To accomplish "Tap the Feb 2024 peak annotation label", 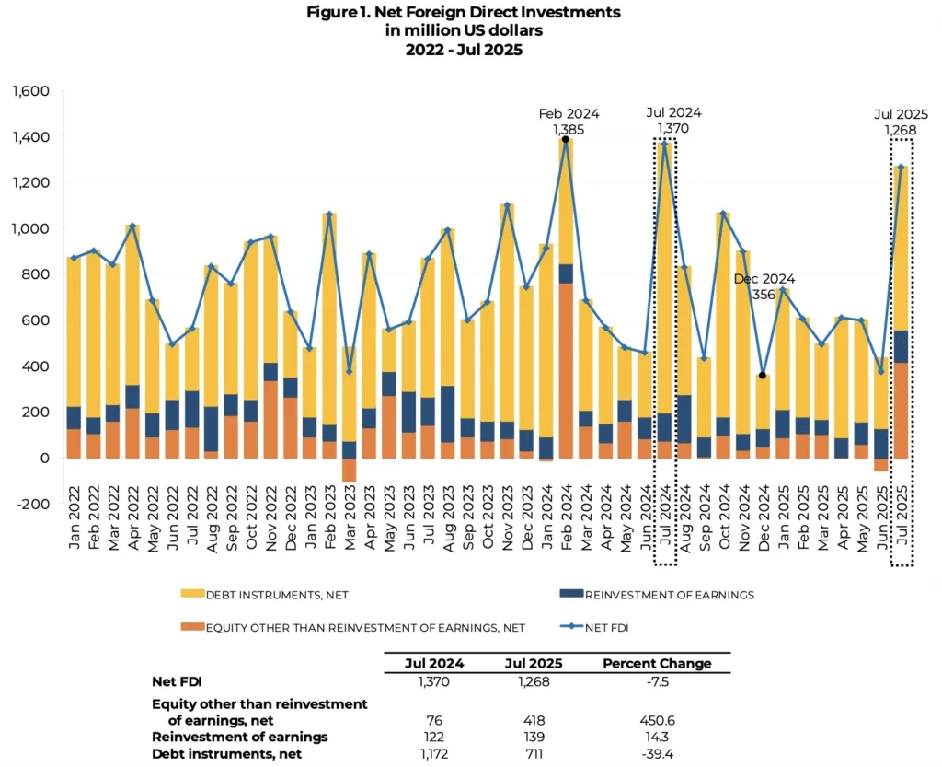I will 569,114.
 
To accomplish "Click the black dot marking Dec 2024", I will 763,376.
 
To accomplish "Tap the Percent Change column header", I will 657,663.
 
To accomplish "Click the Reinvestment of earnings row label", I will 239,738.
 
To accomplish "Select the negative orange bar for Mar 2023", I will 349,470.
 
